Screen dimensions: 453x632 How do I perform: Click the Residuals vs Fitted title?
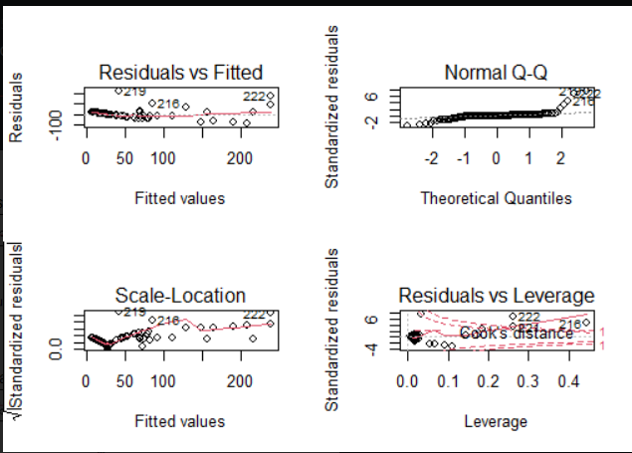coord(179,73)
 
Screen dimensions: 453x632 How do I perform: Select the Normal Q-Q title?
coord(496,73)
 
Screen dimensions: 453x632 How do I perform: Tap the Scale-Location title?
coord(179,296)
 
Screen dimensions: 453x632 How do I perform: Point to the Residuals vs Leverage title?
coord(496,296)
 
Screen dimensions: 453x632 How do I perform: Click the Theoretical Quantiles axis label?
coord(496,198)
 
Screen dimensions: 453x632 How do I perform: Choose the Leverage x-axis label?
coord(496,421)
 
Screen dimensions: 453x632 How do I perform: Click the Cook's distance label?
coord(517,333)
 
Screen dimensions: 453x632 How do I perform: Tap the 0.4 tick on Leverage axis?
coord(568,381)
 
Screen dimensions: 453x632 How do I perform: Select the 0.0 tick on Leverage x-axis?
coord(406,381)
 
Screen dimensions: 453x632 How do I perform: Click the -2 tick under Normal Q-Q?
coord(430,158)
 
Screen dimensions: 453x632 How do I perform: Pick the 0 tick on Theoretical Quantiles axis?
coord(496,158)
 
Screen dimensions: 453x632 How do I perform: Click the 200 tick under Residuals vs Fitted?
coord(239,158)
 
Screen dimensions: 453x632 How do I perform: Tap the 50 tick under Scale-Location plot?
coord(124,381)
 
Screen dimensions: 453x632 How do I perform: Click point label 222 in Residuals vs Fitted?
coord(257,96)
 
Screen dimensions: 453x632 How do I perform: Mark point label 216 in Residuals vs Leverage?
coord(571,325)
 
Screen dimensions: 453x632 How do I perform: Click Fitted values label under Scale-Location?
coord(179,421)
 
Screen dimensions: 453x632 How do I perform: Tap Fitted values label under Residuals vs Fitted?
coord(179,198)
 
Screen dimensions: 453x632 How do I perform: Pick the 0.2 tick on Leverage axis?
coord(487,381)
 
